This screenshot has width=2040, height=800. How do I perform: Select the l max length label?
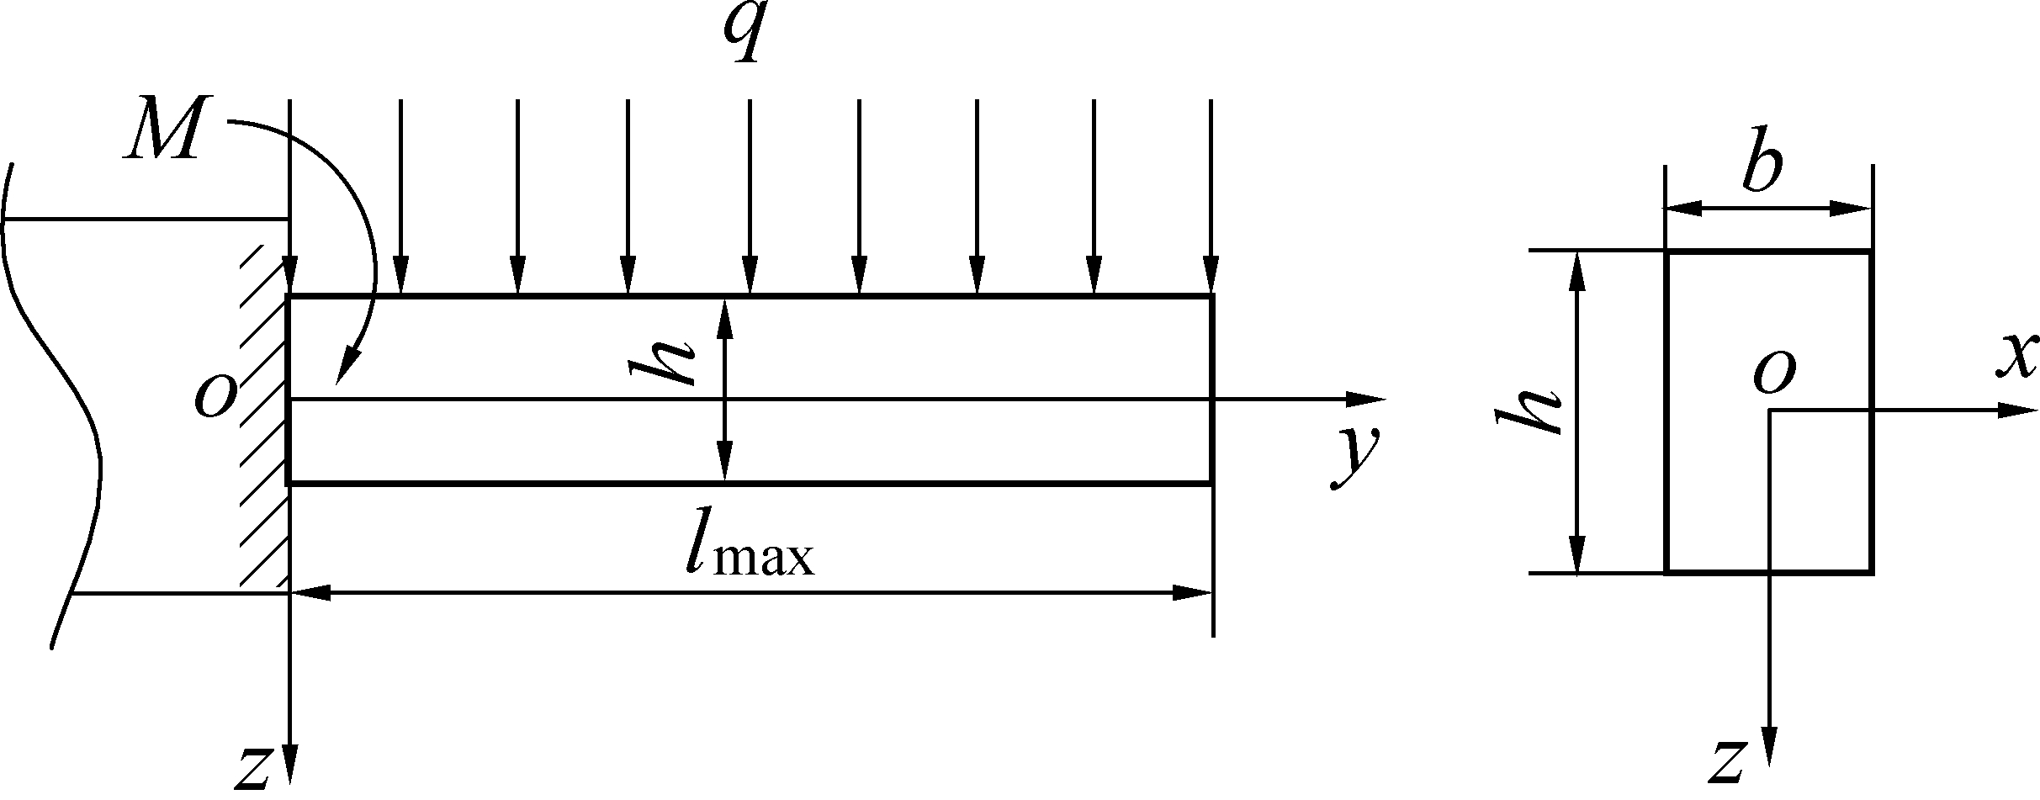pos(749,551)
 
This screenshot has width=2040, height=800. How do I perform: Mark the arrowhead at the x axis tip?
pos(2015,411)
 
